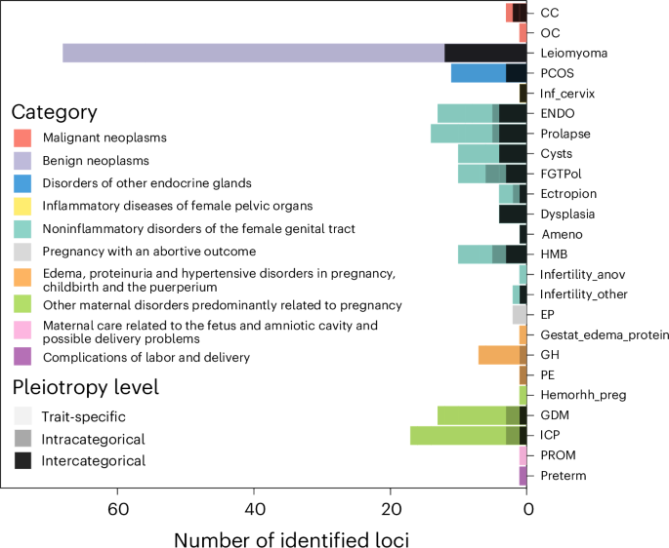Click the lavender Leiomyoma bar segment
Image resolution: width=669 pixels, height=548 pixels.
pos(254,53)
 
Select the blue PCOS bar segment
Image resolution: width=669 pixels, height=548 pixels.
pos(479,73)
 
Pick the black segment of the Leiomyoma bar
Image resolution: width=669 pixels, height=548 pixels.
pos(485,53)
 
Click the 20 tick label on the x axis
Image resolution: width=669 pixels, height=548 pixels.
pos(391,508)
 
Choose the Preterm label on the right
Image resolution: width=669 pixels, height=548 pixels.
pos(564,476)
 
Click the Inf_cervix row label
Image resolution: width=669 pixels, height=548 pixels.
pos(567,94)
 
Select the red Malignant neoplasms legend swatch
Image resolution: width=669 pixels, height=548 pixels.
pos(22,138)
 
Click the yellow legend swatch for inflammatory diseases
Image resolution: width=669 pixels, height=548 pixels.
pos(22,206)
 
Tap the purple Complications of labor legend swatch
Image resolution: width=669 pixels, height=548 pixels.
pos(22,357)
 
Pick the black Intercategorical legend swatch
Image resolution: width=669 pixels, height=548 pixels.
pos(22,460)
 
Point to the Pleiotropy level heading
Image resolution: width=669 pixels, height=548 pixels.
pos(85,387)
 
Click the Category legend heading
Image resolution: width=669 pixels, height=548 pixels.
pos(55,112)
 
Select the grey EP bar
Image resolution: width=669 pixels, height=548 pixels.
pos(520,315)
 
